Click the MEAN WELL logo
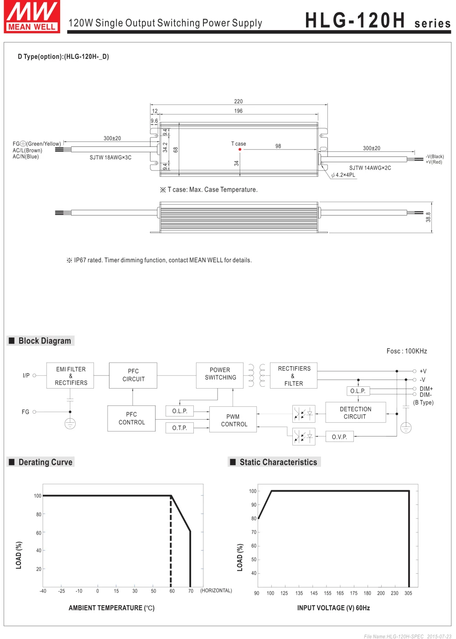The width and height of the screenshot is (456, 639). tap(32, 17)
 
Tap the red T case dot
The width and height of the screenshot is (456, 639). tap(240, 150)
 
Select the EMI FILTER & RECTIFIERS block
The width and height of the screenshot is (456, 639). tap(70, 376)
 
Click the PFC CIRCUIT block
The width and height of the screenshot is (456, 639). tap(133, 375)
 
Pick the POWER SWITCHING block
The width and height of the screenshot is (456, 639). tap(220, 375)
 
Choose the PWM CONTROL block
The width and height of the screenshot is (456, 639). tap(233, 420)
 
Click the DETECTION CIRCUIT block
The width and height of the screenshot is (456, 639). tap(356, 412)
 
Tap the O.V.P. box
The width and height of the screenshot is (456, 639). tap(339, 437)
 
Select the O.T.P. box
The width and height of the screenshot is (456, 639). tap(180, 428)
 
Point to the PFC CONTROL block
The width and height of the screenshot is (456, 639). tap(131, 418)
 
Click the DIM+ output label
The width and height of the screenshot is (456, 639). tap(426, 389)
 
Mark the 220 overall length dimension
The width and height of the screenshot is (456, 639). tap(238, 101)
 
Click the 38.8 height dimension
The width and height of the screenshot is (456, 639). tap(428, 217)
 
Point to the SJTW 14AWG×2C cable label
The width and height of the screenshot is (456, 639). tap(370, 168)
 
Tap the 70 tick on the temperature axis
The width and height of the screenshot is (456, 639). tap(191, 591)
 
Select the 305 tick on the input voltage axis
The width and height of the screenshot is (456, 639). tap(408, 593)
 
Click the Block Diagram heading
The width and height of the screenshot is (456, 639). tap(44, 341)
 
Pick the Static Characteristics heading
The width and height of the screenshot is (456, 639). tap(278, 462)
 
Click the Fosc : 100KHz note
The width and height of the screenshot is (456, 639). tap(407, 351)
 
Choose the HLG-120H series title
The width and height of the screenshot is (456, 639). tap(378, 21)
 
